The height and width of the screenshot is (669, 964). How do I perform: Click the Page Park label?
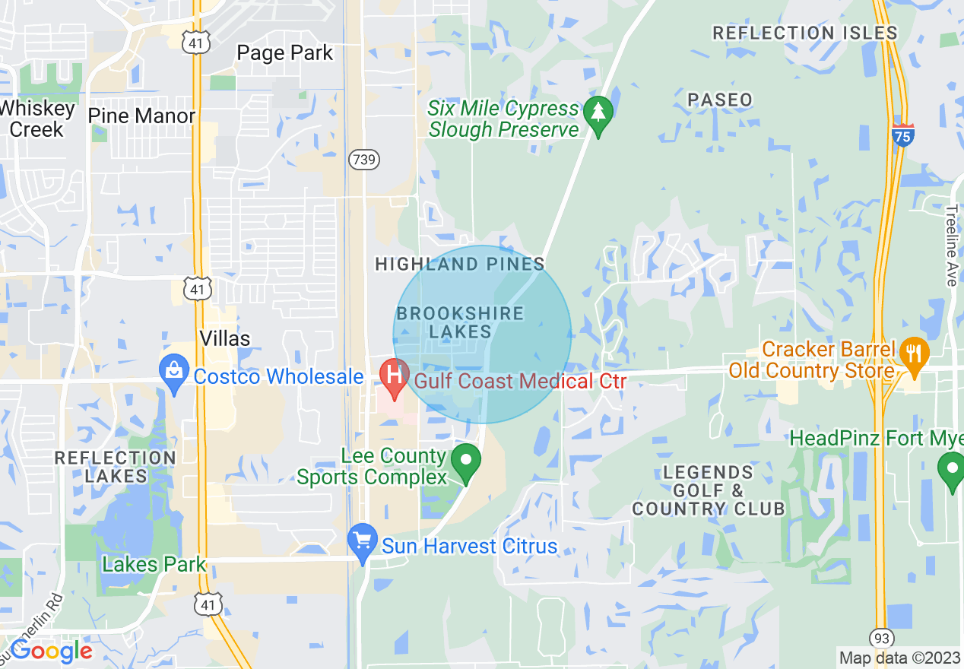[285, 53]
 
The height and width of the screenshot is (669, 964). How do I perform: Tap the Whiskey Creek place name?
[36, 119]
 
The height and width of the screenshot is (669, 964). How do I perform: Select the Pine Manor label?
[141, 116]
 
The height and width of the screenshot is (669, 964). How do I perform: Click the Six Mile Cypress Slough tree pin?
[598, 116]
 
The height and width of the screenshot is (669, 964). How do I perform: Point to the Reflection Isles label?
[805, 33]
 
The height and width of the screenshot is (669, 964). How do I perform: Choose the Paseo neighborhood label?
[719, 100]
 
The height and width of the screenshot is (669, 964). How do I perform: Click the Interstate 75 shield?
[902, 135]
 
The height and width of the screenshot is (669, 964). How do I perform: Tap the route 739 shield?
[364, 160]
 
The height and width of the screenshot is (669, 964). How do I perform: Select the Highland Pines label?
[460, 264]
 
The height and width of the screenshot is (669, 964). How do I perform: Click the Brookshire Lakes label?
[460, 322]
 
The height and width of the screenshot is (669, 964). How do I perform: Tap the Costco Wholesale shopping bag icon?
[174, 373]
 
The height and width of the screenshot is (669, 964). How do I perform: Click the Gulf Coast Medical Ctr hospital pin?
[394, 377]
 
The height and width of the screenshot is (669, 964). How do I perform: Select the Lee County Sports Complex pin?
[466, 462]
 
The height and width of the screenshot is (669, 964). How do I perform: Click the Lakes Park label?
[154, 564]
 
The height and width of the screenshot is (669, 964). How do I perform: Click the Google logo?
[50, 651]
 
